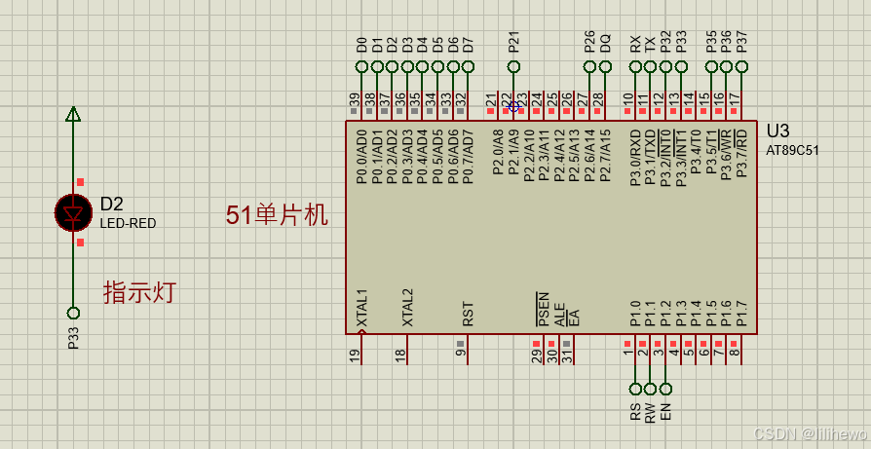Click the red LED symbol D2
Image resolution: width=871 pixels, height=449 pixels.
pos(73,212)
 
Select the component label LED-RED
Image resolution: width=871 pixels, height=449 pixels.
pos(128,223)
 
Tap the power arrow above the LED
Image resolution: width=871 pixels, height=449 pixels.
pos(73,114)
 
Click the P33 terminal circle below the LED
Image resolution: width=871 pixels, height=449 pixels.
pos(73,313)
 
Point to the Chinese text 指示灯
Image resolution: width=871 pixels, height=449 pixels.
pos(139,291)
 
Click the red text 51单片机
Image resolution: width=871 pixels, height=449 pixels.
pos(277,215)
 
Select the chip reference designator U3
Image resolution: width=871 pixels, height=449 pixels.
pos(777,131)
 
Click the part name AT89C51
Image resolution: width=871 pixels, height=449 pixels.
pos(794,151)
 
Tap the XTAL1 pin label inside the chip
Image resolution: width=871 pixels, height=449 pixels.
pos(361,307)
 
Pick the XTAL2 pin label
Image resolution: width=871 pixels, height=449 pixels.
pos(407,307)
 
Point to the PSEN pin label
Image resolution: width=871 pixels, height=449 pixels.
pos(544,309)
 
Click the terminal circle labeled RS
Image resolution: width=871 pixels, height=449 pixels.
pos(635,389)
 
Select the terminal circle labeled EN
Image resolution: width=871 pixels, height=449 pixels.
pos(665,389)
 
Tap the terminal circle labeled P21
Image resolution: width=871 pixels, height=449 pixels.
pos(514,66)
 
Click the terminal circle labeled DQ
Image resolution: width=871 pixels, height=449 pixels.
pos(605,66)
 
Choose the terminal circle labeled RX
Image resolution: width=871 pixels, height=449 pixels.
pos(635,66)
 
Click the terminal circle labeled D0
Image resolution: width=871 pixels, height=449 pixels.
pos(362,66)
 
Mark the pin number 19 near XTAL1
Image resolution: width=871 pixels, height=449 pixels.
pos(355,355)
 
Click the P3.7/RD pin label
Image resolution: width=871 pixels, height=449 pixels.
pos(741,153)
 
